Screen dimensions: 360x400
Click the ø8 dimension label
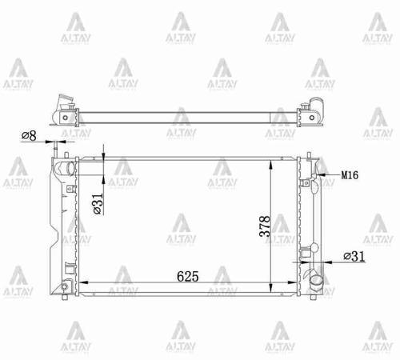coord(30,136)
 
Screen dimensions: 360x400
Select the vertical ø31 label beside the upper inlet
coord(96,206)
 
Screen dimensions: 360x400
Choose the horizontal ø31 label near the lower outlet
coord(353,255)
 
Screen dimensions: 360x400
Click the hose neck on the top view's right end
coord(315,107)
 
